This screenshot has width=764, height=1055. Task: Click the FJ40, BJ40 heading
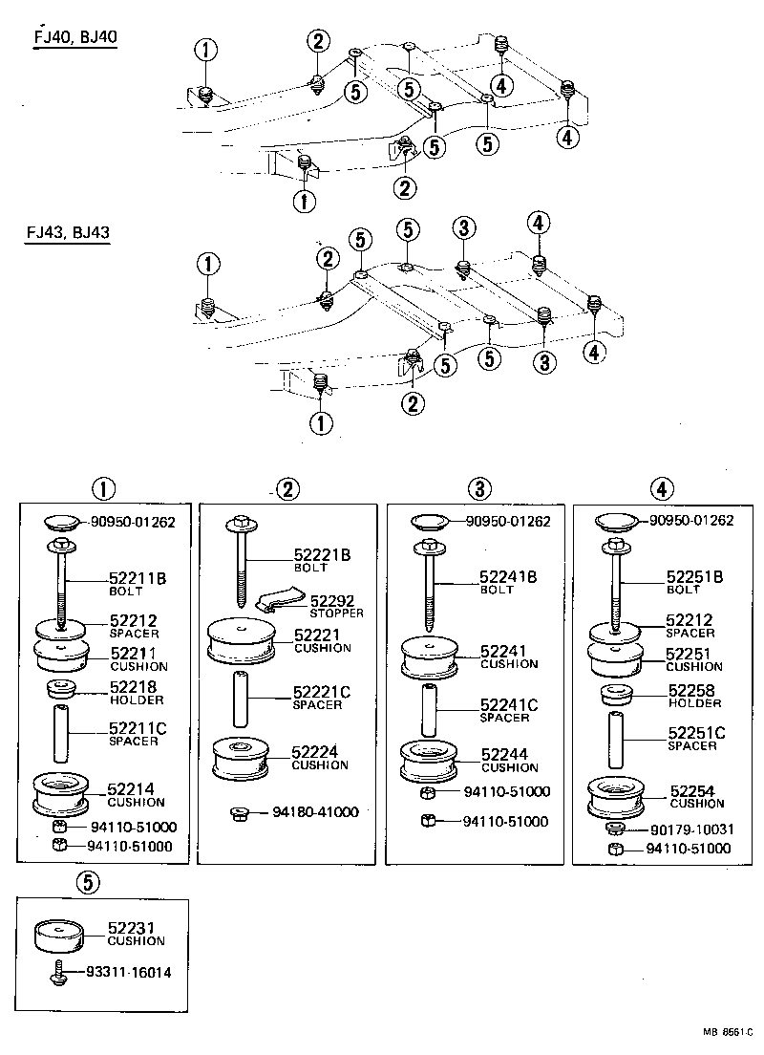click(75, 38)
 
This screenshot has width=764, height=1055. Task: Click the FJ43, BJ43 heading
click(67, 232)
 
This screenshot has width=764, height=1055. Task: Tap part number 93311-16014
click(129, 973)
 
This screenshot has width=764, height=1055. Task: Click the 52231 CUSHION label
click(136, 934)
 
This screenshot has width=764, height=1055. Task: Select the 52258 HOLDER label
click(694, 696)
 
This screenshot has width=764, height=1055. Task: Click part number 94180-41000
click(314, 812)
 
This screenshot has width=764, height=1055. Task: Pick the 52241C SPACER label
click(509, 710)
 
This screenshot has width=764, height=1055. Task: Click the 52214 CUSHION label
click(136, 795)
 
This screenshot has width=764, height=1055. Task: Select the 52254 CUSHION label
click(696, 796)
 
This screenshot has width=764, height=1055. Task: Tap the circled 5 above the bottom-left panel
click(87, 884)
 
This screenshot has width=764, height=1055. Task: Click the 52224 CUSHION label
click(321, 758)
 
